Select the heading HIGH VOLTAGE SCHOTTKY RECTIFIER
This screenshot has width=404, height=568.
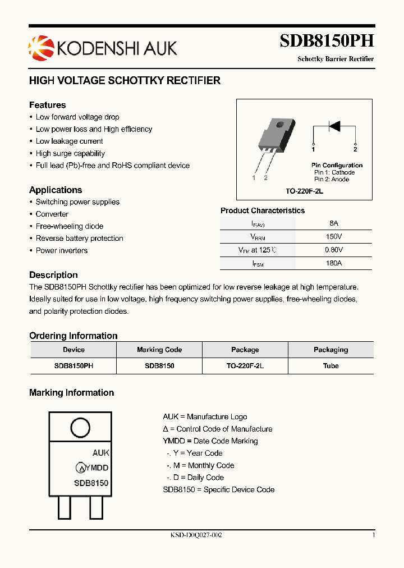tap(125, 80)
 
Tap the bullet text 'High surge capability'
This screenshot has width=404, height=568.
tap(70, 153)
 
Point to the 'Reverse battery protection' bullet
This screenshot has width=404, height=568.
tap(79, 239)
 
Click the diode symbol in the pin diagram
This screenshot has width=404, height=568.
tap(334, 126)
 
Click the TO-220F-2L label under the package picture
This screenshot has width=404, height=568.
tap(304, 191)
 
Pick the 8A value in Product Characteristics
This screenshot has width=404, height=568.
tap(334, 223)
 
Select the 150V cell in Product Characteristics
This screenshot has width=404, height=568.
tap(334, 236)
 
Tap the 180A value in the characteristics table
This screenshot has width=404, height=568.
tap(334, 263)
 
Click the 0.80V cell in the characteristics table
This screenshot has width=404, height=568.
tap(334, 250)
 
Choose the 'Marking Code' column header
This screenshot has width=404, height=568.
tap(159, 350)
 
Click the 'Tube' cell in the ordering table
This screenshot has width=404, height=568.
tap(331, 365)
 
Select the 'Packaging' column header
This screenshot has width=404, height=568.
tap(331, 350)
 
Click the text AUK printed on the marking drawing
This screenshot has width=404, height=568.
tap(100, 452)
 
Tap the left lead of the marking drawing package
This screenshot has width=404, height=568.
tap(65, 509)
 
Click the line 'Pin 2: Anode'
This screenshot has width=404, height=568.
tap(332, 179)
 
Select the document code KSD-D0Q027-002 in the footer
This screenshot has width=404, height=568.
tap(196, 535)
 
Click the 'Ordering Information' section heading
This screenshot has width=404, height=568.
tap(74, 336)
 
